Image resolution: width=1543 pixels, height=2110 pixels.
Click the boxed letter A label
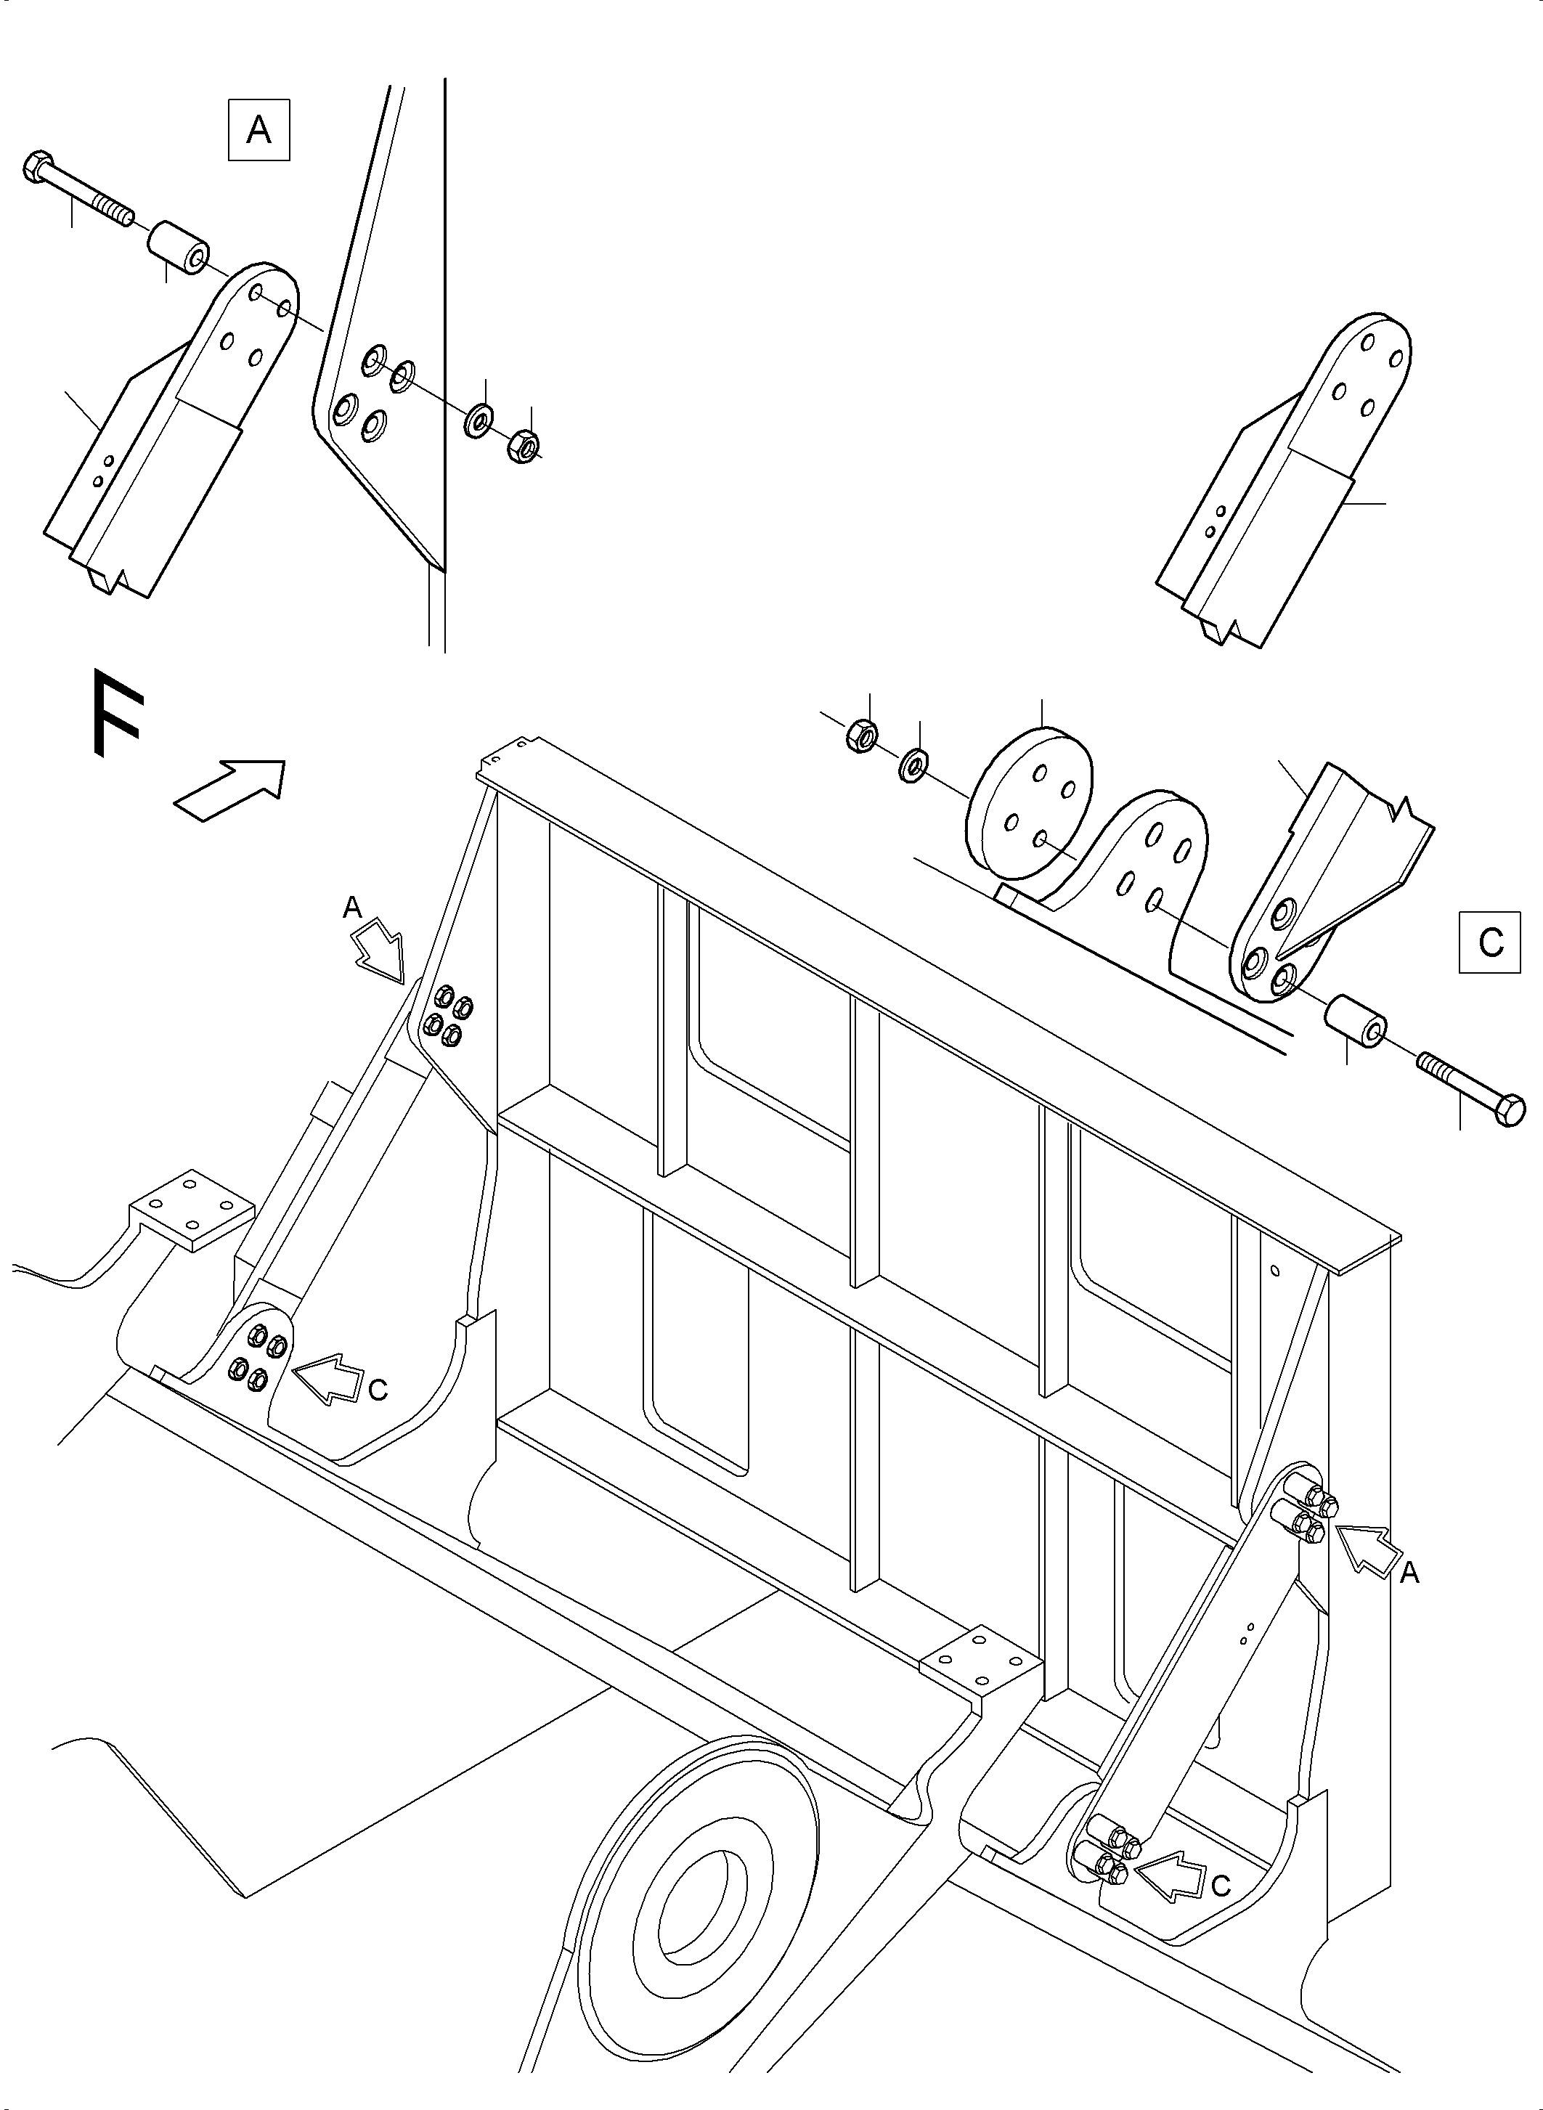pos(258,131)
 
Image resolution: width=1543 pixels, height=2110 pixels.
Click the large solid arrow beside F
pos(229,790)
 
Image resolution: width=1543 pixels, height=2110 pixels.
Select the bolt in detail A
pos(78,192)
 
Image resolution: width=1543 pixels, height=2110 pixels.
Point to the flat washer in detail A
pos(479,421)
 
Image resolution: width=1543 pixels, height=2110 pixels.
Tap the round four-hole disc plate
pos(1030,805)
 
